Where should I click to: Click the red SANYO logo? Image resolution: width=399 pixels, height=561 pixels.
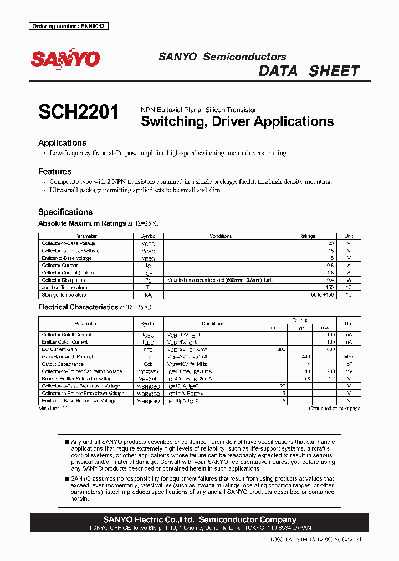[65, 59]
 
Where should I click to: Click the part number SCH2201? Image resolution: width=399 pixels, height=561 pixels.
[78, 113]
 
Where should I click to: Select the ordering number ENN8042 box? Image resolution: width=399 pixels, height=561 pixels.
[68, 27]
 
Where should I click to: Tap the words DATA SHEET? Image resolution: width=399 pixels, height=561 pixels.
[309, 71]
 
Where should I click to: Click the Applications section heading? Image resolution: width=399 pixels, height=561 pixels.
[62, 143]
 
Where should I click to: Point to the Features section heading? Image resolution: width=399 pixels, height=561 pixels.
[55, 172]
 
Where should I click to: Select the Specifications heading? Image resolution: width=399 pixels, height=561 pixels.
[65, 212]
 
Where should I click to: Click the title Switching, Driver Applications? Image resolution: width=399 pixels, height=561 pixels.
[237, 121]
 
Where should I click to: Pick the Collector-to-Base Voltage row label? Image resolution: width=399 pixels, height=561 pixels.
[68, 244]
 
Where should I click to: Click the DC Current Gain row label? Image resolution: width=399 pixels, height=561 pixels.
[60, 349]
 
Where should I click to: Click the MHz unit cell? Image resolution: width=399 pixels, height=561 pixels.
[349, 357]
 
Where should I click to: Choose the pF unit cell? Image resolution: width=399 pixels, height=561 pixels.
[349, 364]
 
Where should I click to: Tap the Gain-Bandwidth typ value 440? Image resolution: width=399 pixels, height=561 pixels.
[304, 357]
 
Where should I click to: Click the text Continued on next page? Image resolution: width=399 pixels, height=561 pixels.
[335, 409]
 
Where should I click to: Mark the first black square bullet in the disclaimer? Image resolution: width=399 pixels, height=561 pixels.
[67, 442]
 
